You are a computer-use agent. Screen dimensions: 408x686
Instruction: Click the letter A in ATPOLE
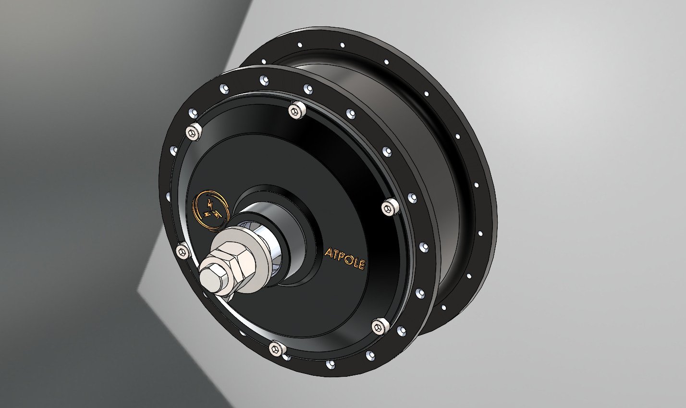[329, 253]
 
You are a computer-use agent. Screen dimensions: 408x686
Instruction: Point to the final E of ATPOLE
[361, 264]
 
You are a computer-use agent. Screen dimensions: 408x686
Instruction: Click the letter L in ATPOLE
[354, 261]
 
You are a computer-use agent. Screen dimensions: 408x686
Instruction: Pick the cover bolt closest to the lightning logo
[182, 250]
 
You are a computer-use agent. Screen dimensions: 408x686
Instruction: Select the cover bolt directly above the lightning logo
[194, 132]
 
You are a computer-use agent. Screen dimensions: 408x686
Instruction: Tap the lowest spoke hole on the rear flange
[443, 307]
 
